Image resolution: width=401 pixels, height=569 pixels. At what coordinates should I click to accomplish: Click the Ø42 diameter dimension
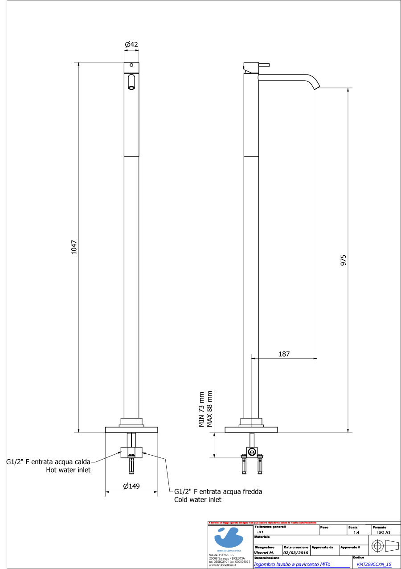tap(131, 45)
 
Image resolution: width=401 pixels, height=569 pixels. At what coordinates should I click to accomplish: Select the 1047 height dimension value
tap(74, 247)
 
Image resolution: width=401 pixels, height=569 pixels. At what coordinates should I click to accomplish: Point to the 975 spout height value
tap(343, 260)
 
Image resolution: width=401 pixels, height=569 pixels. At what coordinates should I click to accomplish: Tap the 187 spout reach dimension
tap(284, 354)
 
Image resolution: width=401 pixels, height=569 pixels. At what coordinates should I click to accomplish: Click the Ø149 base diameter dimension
tap(131, 486)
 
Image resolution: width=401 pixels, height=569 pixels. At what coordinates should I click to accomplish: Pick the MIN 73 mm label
tap(201, 409)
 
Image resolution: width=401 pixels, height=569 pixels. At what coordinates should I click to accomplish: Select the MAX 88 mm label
tap(210, 409)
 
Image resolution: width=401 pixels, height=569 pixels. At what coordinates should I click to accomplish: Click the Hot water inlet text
tap(68, 470)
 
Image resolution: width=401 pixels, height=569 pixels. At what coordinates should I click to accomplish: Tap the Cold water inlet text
tap(197, 500)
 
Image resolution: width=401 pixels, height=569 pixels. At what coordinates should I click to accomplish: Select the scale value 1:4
tap(356, 532)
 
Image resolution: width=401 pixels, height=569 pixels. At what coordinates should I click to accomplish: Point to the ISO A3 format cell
tap(384, 532)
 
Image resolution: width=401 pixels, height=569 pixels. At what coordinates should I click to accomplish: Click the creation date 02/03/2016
tap(295, 552)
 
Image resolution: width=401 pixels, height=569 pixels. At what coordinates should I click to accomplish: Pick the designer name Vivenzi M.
tap(264, 552)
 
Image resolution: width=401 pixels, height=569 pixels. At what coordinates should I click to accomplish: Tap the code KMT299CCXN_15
tap(374, 564)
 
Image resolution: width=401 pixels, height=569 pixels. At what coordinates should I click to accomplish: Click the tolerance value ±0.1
tap(260, 532)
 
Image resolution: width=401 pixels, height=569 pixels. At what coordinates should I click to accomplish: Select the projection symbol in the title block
tap(386, 545)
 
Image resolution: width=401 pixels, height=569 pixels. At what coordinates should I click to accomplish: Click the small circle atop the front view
tap(131, 65)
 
